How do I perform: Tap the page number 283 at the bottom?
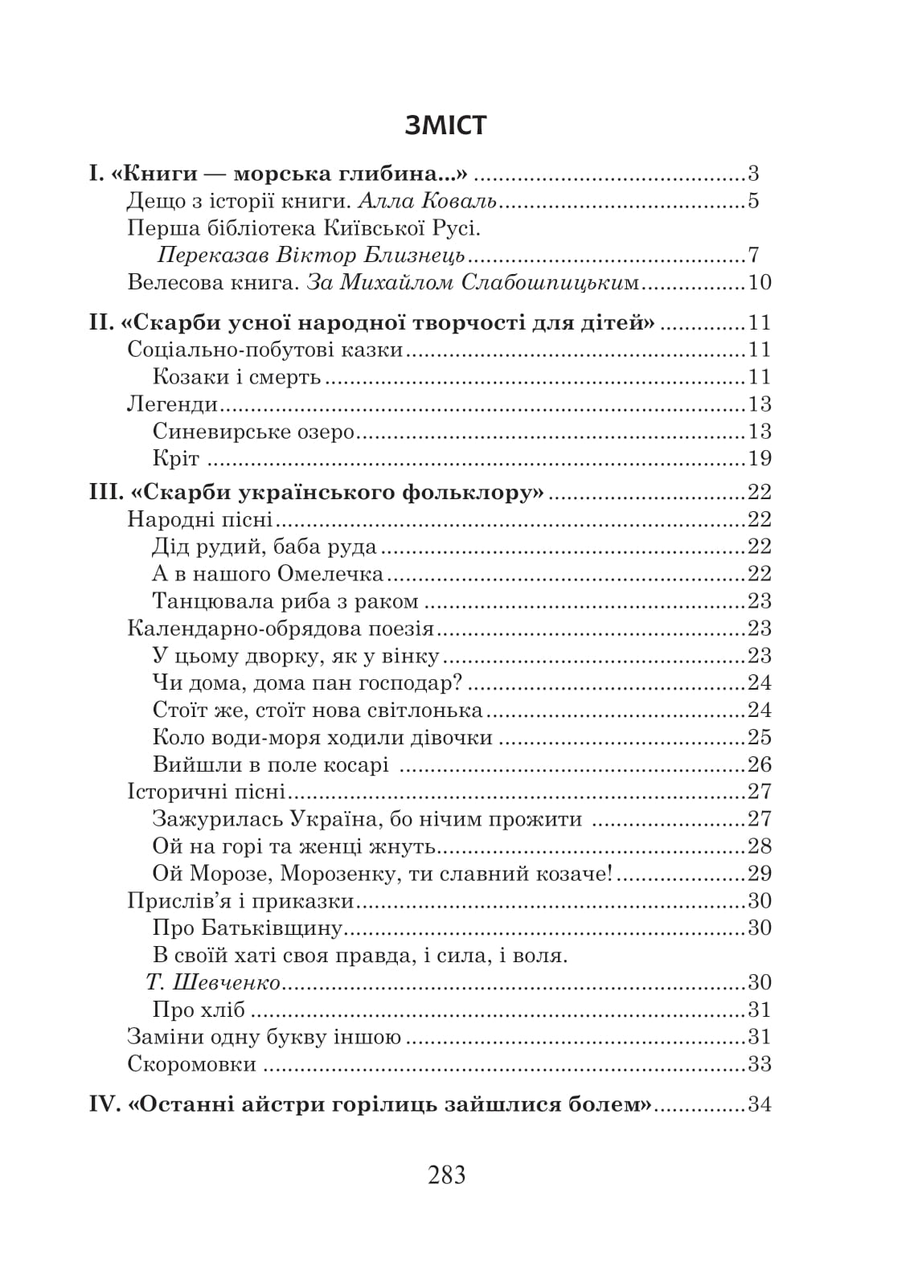click(447, 1175)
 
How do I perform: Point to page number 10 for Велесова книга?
click(759, 283)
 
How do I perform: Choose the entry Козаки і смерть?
click(236, 377)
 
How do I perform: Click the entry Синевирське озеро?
click(253, 432)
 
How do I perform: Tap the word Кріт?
click(175, 459)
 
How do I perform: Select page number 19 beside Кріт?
click(759, 459)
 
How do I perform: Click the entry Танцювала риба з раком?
click(285, 601)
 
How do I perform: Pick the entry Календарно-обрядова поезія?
click(281, 629)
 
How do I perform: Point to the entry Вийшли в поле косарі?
click(271, 765)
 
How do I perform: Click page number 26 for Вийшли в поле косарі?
click(759, 765)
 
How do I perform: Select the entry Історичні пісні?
click(207, 792)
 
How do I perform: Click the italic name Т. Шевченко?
click(214, 983)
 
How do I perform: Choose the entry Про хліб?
click(199, 1010)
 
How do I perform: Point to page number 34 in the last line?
click(759, 1105)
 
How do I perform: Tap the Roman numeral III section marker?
click(103, 493)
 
